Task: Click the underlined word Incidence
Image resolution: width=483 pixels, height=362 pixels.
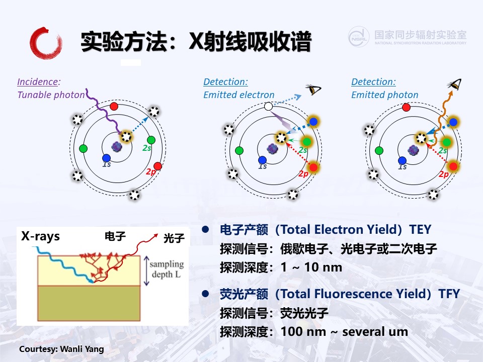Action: pyautogui.click(x=38, y=81)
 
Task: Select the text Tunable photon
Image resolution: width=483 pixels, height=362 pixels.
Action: pyautogui.click(x=51, y=95)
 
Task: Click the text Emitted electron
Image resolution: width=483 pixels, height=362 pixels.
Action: pyautogui.click(x=238, y=95)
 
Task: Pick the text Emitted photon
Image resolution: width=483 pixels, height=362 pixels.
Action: pyautogui.click(x=385, y=95)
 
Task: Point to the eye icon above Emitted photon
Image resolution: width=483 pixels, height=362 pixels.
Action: pyautogui.click(x=455, y=84)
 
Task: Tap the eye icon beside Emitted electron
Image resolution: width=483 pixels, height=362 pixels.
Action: pyautogui.click(x=313, y=89)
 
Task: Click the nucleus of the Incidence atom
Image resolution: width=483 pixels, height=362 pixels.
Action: pyautogui.click(x=117, y=146)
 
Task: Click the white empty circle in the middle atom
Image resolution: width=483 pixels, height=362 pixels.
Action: pyautogui.click(x=268, y=107)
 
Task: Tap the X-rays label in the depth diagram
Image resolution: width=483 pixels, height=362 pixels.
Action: pyautogui.click(x=40, y=236)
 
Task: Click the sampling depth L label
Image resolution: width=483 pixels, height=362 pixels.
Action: pyautogui.click(x=167, y=269)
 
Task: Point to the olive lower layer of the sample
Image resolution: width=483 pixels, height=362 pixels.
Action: pyautogui.click(x=89, y=303)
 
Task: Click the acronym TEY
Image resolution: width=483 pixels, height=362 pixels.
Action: pyautogui.click(x=420, y=230)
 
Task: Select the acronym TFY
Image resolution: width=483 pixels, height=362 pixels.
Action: pyautogui.click(x=449, y=294)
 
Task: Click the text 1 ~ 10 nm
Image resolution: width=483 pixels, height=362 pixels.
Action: pyautogui.click(x=311, y=267)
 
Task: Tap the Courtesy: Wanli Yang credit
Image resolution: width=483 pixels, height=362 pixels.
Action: pyautogui.click(x=61, y=349)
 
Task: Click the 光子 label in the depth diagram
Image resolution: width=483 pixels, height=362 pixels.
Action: pyautogui.click(x=174, y=238)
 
